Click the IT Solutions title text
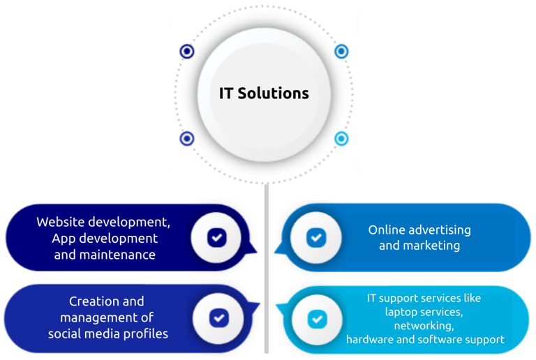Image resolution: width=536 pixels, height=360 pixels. [264, 93]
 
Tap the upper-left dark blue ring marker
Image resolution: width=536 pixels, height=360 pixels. [186, 51]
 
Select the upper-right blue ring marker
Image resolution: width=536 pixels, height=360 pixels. [341, 51]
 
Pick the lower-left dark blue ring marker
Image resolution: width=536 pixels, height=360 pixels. [186, 139]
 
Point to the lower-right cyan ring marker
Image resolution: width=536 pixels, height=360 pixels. [341, 139]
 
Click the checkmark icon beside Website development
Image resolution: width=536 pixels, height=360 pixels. [217, 238]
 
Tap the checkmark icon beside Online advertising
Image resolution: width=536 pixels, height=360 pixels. [316, 238]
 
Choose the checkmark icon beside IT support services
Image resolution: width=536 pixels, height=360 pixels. [318, 319]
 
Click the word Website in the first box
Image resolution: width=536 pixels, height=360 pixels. [61, 222]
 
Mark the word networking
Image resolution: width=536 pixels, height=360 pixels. [424, 326]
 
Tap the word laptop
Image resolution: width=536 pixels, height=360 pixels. [403, 312]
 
